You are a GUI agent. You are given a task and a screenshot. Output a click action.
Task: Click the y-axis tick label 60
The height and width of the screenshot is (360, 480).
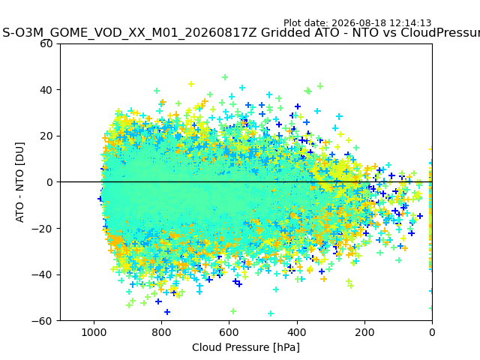pos(46,43)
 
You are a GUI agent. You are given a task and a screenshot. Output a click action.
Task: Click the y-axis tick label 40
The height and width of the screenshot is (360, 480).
pos(46,90)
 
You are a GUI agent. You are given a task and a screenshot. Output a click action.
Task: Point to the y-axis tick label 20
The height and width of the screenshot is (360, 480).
pos(46,136)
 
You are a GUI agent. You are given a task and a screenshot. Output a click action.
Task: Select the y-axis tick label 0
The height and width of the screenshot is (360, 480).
pos(49,182)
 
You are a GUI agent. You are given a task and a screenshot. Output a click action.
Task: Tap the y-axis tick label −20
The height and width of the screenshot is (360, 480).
pos(42,229)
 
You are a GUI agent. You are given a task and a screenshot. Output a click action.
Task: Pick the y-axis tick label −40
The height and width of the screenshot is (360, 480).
pos(42,275)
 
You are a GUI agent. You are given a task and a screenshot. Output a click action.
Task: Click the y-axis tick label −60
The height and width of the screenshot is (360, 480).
pos(42,321)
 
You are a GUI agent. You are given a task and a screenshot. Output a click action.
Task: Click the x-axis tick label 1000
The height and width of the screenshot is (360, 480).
pos(94,332)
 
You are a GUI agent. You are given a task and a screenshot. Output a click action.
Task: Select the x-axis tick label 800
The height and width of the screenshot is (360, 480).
pos(162,332)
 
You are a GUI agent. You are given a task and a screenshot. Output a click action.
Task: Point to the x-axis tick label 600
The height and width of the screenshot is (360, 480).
pos(229,332)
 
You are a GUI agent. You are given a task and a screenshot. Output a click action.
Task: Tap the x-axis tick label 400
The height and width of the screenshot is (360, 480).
pos(297,332)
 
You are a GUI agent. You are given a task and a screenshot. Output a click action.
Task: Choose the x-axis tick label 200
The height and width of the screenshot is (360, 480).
pos(364,332)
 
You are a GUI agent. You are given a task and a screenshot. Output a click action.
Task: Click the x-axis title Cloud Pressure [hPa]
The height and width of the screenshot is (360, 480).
pos(246,347)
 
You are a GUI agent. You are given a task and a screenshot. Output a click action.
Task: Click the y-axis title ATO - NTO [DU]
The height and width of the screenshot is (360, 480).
pos(19,182)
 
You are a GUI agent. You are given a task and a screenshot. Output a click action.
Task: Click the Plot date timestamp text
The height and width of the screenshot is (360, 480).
pos(357,23)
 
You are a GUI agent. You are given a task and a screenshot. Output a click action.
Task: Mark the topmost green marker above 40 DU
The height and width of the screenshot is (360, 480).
pos(225,77)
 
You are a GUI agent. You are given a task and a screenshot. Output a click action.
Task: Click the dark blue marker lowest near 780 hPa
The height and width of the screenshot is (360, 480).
pos(167,312)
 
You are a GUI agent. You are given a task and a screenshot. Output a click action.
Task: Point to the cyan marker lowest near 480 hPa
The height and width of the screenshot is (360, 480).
pos(271,313)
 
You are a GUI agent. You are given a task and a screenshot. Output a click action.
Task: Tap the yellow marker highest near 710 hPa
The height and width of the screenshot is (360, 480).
pos(191,84)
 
